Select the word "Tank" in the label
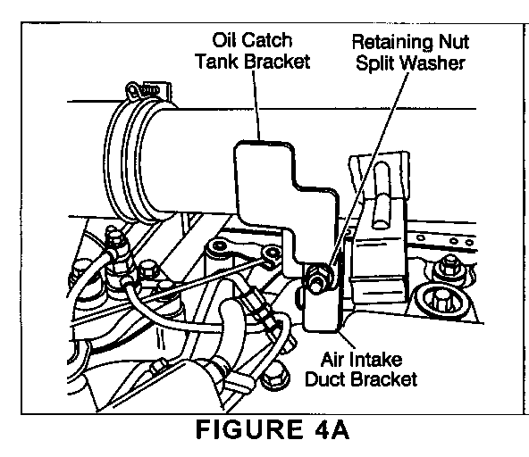pos(216,62)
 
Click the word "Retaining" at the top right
pos(392,44)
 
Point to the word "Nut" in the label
pos(454,43)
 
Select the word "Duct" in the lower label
pos(325,379)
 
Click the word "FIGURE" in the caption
pos(249,429)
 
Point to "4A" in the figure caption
pos(332,429)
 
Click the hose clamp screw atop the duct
pos(148,90)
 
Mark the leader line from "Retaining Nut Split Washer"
pos(369,169)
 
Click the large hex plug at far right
pos(440,300)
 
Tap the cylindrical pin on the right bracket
pos(382,195)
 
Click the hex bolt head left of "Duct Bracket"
pos(274,377)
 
